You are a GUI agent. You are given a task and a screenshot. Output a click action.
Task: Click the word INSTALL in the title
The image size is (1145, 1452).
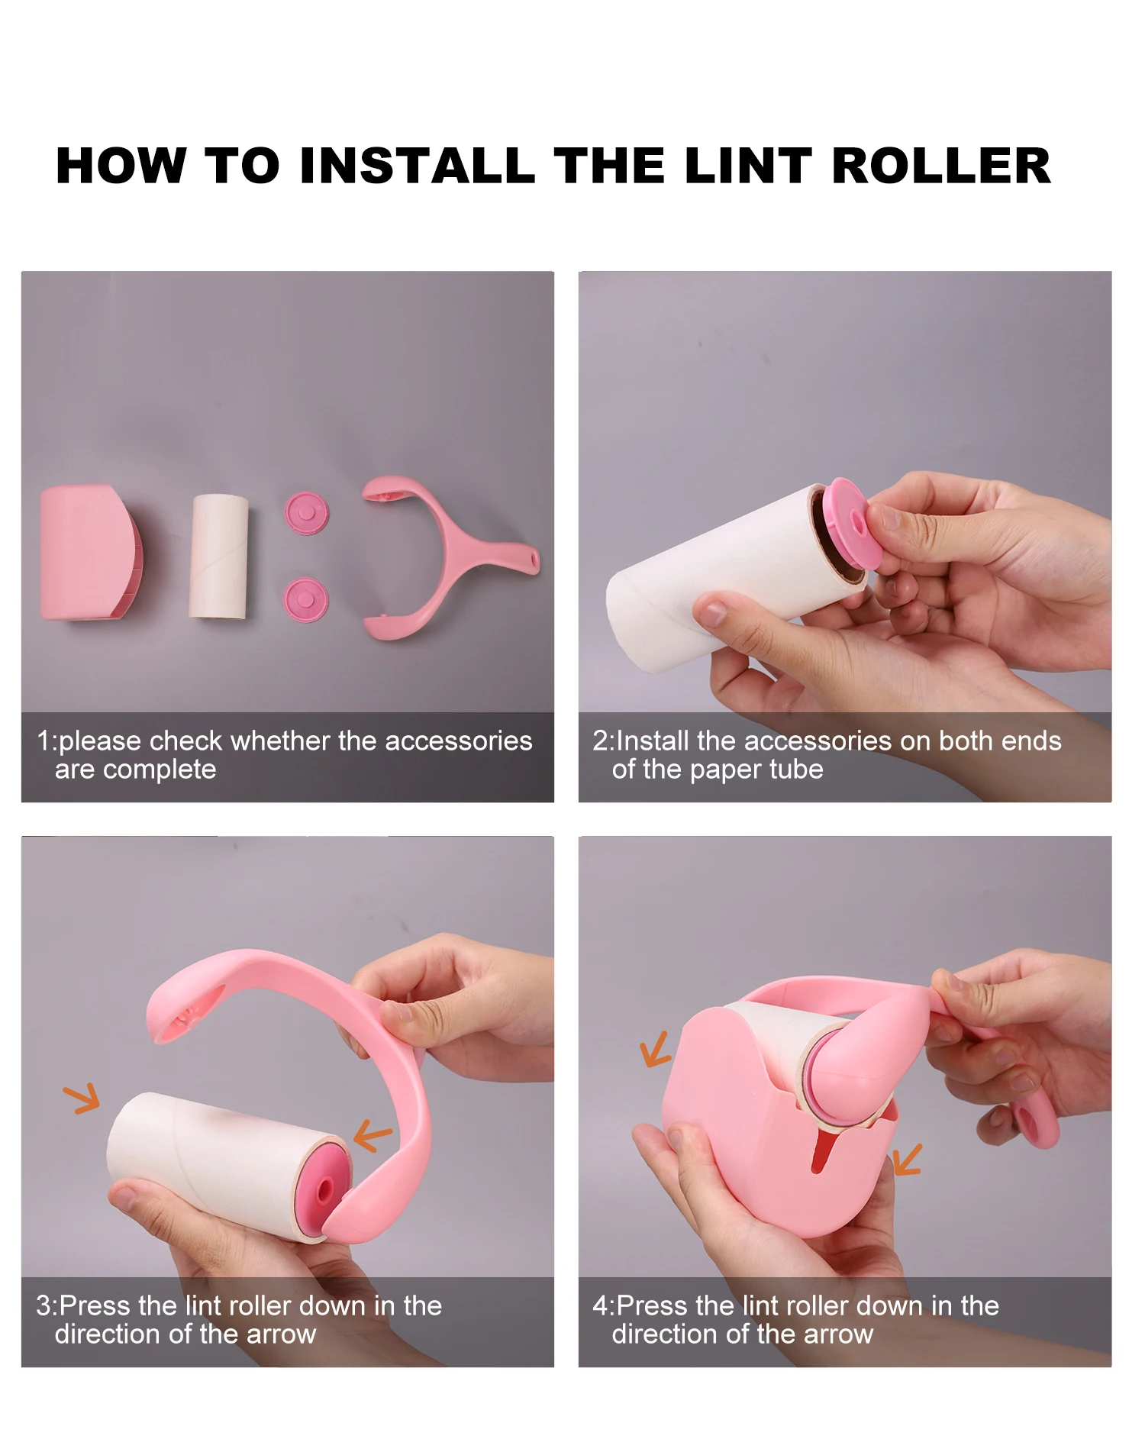[417, 166]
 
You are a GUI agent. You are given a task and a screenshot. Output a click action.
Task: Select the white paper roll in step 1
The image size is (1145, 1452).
[219, 556]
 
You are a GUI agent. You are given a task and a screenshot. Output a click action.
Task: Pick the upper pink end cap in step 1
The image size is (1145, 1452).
[306, 513]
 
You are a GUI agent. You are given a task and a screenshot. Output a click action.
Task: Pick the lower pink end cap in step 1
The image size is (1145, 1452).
[306, 600]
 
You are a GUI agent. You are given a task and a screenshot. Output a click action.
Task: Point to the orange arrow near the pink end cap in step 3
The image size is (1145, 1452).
[373, 1134]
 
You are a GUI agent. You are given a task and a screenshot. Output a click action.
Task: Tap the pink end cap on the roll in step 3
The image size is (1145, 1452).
[324, 1188]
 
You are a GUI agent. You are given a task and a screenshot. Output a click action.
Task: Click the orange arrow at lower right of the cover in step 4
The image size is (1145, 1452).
[907, 1160]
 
